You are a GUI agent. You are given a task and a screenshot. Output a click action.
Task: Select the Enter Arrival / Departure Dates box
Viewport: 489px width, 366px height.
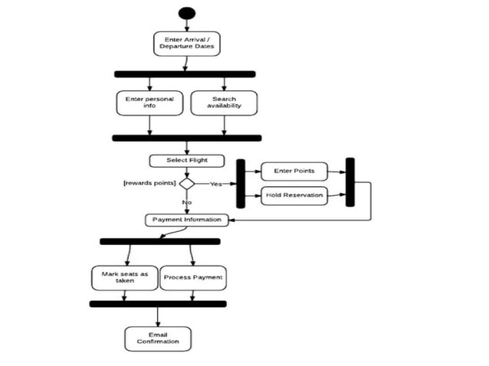tap(186, 43)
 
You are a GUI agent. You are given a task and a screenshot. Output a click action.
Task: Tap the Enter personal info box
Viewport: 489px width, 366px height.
tap(149, 103)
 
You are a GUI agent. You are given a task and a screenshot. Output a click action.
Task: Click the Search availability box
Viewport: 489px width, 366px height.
tap(224, 103)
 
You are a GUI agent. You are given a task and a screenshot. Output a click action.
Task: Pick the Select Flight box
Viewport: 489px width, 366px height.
tap(187, 161)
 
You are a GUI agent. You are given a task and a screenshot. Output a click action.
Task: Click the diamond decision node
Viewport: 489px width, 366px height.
tap(187, 184)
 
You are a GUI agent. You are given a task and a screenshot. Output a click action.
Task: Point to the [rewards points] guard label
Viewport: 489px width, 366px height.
tap(149, 184)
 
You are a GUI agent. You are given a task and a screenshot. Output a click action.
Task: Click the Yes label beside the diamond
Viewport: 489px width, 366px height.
tap(217, 185)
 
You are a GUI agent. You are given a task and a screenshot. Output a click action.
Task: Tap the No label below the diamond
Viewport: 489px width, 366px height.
tap(186, 202)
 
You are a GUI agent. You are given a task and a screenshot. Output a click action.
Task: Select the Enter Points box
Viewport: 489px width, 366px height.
tap(294, 171)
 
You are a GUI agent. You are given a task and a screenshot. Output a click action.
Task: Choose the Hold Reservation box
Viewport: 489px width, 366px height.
tap(294, 196)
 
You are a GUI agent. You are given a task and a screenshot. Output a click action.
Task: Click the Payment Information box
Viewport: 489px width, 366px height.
tap(186, 220)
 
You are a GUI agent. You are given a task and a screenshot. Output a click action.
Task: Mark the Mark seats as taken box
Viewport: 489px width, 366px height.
tap(123, 277)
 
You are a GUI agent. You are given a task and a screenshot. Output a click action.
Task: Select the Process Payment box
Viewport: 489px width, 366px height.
tap(192, 277)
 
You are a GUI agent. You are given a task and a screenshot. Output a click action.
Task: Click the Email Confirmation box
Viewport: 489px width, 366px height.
tap(158, 338)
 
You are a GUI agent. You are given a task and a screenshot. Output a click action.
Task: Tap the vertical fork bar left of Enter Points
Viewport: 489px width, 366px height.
tap(241, 184)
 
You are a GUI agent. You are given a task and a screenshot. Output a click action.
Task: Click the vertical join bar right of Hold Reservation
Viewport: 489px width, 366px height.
tap(350, 182)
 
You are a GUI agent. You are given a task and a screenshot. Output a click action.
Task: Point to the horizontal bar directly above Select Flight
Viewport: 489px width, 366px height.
tap(186, 139)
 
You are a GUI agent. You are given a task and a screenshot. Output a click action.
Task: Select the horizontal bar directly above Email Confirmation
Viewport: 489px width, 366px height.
tap(158, 304)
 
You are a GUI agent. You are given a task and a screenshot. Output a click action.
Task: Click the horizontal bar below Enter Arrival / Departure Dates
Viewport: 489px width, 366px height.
tap(185, 74)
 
